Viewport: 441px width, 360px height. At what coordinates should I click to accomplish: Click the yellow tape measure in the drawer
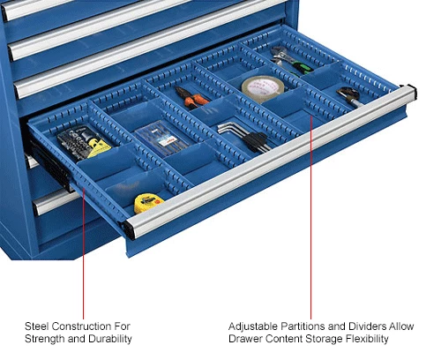click(x=148, y=203)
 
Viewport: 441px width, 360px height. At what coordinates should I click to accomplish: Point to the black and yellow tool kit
click(x=77, y=140)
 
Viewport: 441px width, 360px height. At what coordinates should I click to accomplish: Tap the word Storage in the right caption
click(x=315, y=340)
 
